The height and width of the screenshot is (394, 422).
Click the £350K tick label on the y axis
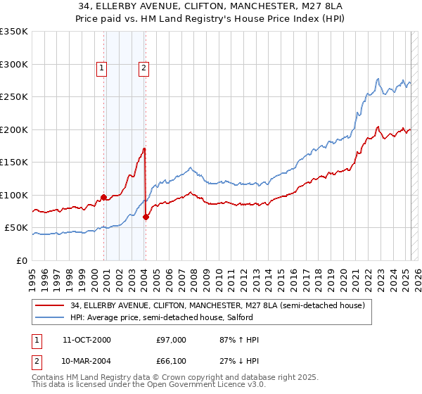14,32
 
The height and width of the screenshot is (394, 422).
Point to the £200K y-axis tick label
14,129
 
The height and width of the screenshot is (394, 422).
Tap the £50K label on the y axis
17,228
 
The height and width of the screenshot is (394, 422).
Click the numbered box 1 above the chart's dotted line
102,68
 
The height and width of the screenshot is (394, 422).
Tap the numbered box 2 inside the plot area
143,68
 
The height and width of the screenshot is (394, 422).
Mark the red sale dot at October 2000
104,197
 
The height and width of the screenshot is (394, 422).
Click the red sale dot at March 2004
146,217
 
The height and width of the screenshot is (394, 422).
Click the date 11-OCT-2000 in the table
87,340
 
